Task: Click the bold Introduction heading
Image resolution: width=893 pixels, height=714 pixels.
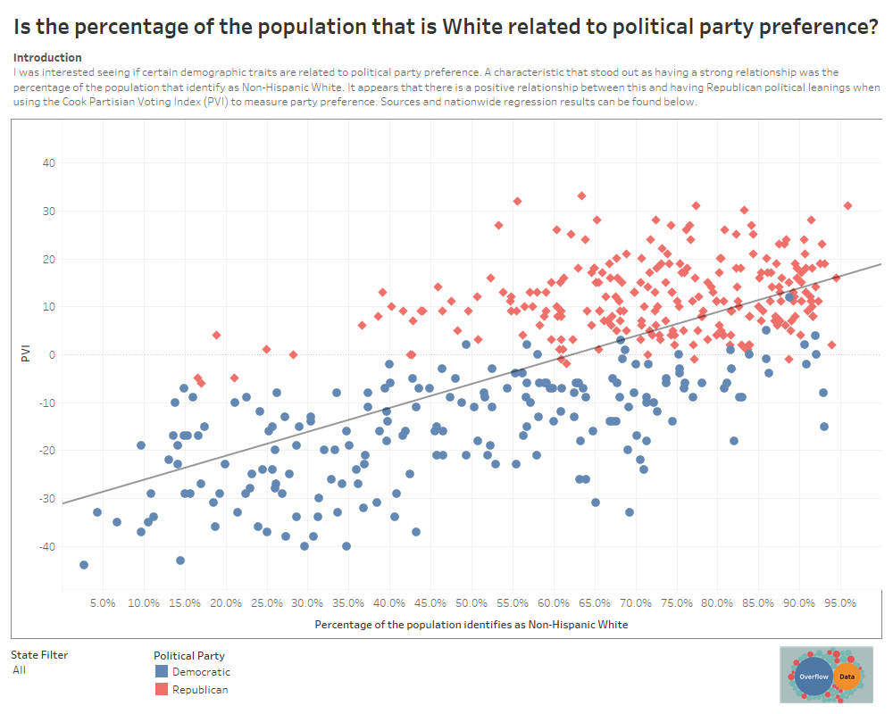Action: tap(47, 57)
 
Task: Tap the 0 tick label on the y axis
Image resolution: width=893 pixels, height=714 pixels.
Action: tap(52, 354)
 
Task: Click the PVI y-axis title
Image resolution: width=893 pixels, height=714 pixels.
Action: tap(26, 354)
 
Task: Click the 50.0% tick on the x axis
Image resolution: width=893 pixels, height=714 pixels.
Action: tap(471, 602)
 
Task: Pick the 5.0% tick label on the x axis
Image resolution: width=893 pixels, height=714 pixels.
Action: tap(103, 602)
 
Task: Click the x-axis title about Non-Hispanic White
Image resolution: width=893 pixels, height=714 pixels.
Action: tap(471, 625)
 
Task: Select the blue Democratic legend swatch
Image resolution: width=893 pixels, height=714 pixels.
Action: tap(161, 672)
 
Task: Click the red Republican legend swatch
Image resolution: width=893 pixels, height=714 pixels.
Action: tap(161, 690)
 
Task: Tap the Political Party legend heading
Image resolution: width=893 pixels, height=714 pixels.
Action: tap(189, 655)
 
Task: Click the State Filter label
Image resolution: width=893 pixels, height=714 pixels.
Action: tap(40, 654)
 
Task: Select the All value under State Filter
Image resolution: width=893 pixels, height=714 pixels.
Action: tap(20, 669)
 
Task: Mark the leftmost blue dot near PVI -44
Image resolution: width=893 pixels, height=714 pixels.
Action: tap(84, 565)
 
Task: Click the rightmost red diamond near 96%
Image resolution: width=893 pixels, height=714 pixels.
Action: tap(847, 205)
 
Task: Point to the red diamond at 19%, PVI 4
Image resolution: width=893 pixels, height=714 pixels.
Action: tap(216, 335)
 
